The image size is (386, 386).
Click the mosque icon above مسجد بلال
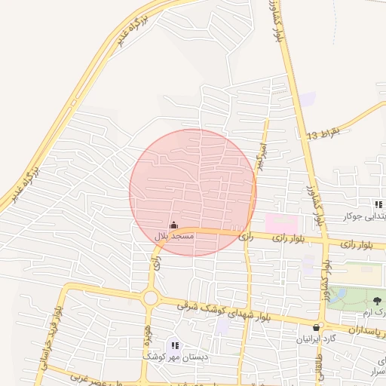[x=174, y=225]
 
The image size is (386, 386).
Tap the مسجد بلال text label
[x=174, y=236]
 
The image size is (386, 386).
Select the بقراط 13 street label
[x=323, y=133]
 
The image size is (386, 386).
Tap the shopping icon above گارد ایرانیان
[x=317, y=327]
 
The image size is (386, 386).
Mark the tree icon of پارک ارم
[x=377, y=301]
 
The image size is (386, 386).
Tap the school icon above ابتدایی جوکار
[x=378, y=204]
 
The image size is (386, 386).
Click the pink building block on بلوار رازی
[x=280, y=224]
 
